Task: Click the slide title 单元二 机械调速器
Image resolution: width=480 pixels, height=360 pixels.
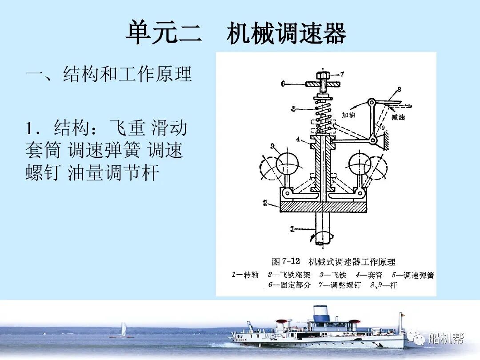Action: [x=236, y=33]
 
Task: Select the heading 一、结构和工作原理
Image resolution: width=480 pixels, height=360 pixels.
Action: [x=109, y=74]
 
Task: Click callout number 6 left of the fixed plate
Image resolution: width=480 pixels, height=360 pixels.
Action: [x=283, y=83]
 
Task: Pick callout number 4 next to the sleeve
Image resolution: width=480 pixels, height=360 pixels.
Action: [x=298, y=138]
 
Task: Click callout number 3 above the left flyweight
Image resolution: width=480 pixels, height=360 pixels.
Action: [x=272, y=145]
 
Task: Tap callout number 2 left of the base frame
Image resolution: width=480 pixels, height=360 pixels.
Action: [x=265, y=203]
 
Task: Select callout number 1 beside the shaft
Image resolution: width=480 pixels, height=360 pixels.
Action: [x=292, y=229]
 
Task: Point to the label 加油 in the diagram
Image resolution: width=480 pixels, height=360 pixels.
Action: [x=349, y=115]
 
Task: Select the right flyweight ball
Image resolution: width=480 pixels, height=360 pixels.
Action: [x=360, y=164]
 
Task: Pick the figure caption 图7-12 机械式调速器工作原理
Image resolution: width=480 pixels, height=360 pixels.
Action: [x=333, y=262]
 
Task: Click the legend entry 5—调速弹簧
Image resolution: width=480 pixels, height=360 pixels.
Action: [x=412, y=275]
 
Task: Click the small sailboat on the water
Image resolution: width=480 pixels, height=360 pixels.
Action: [x=123, y=330]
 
